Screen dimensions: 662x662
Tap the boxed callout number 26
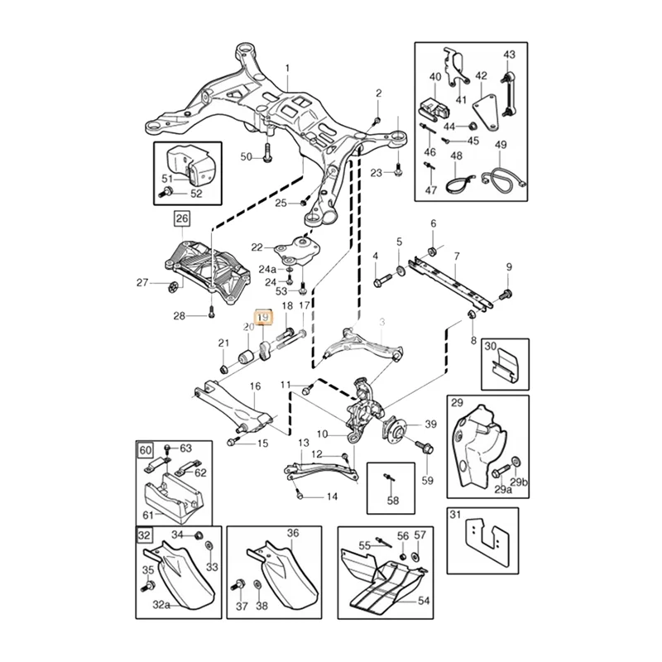coord(181,219)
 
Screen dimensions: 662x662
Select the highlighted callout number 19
coord(263,317)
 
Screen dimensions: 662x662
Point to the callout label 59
coord(427,480)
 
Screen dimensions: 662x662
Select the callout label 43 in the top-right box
coord(509,55)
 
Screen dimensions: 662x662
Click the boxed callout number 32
coord(144,535)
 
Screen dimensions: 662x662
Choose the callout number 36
coord(293,534)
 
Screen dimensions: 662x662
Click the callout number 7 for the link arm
coord(456,257)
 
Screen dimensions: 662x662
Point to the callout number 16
coord(255,386)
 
